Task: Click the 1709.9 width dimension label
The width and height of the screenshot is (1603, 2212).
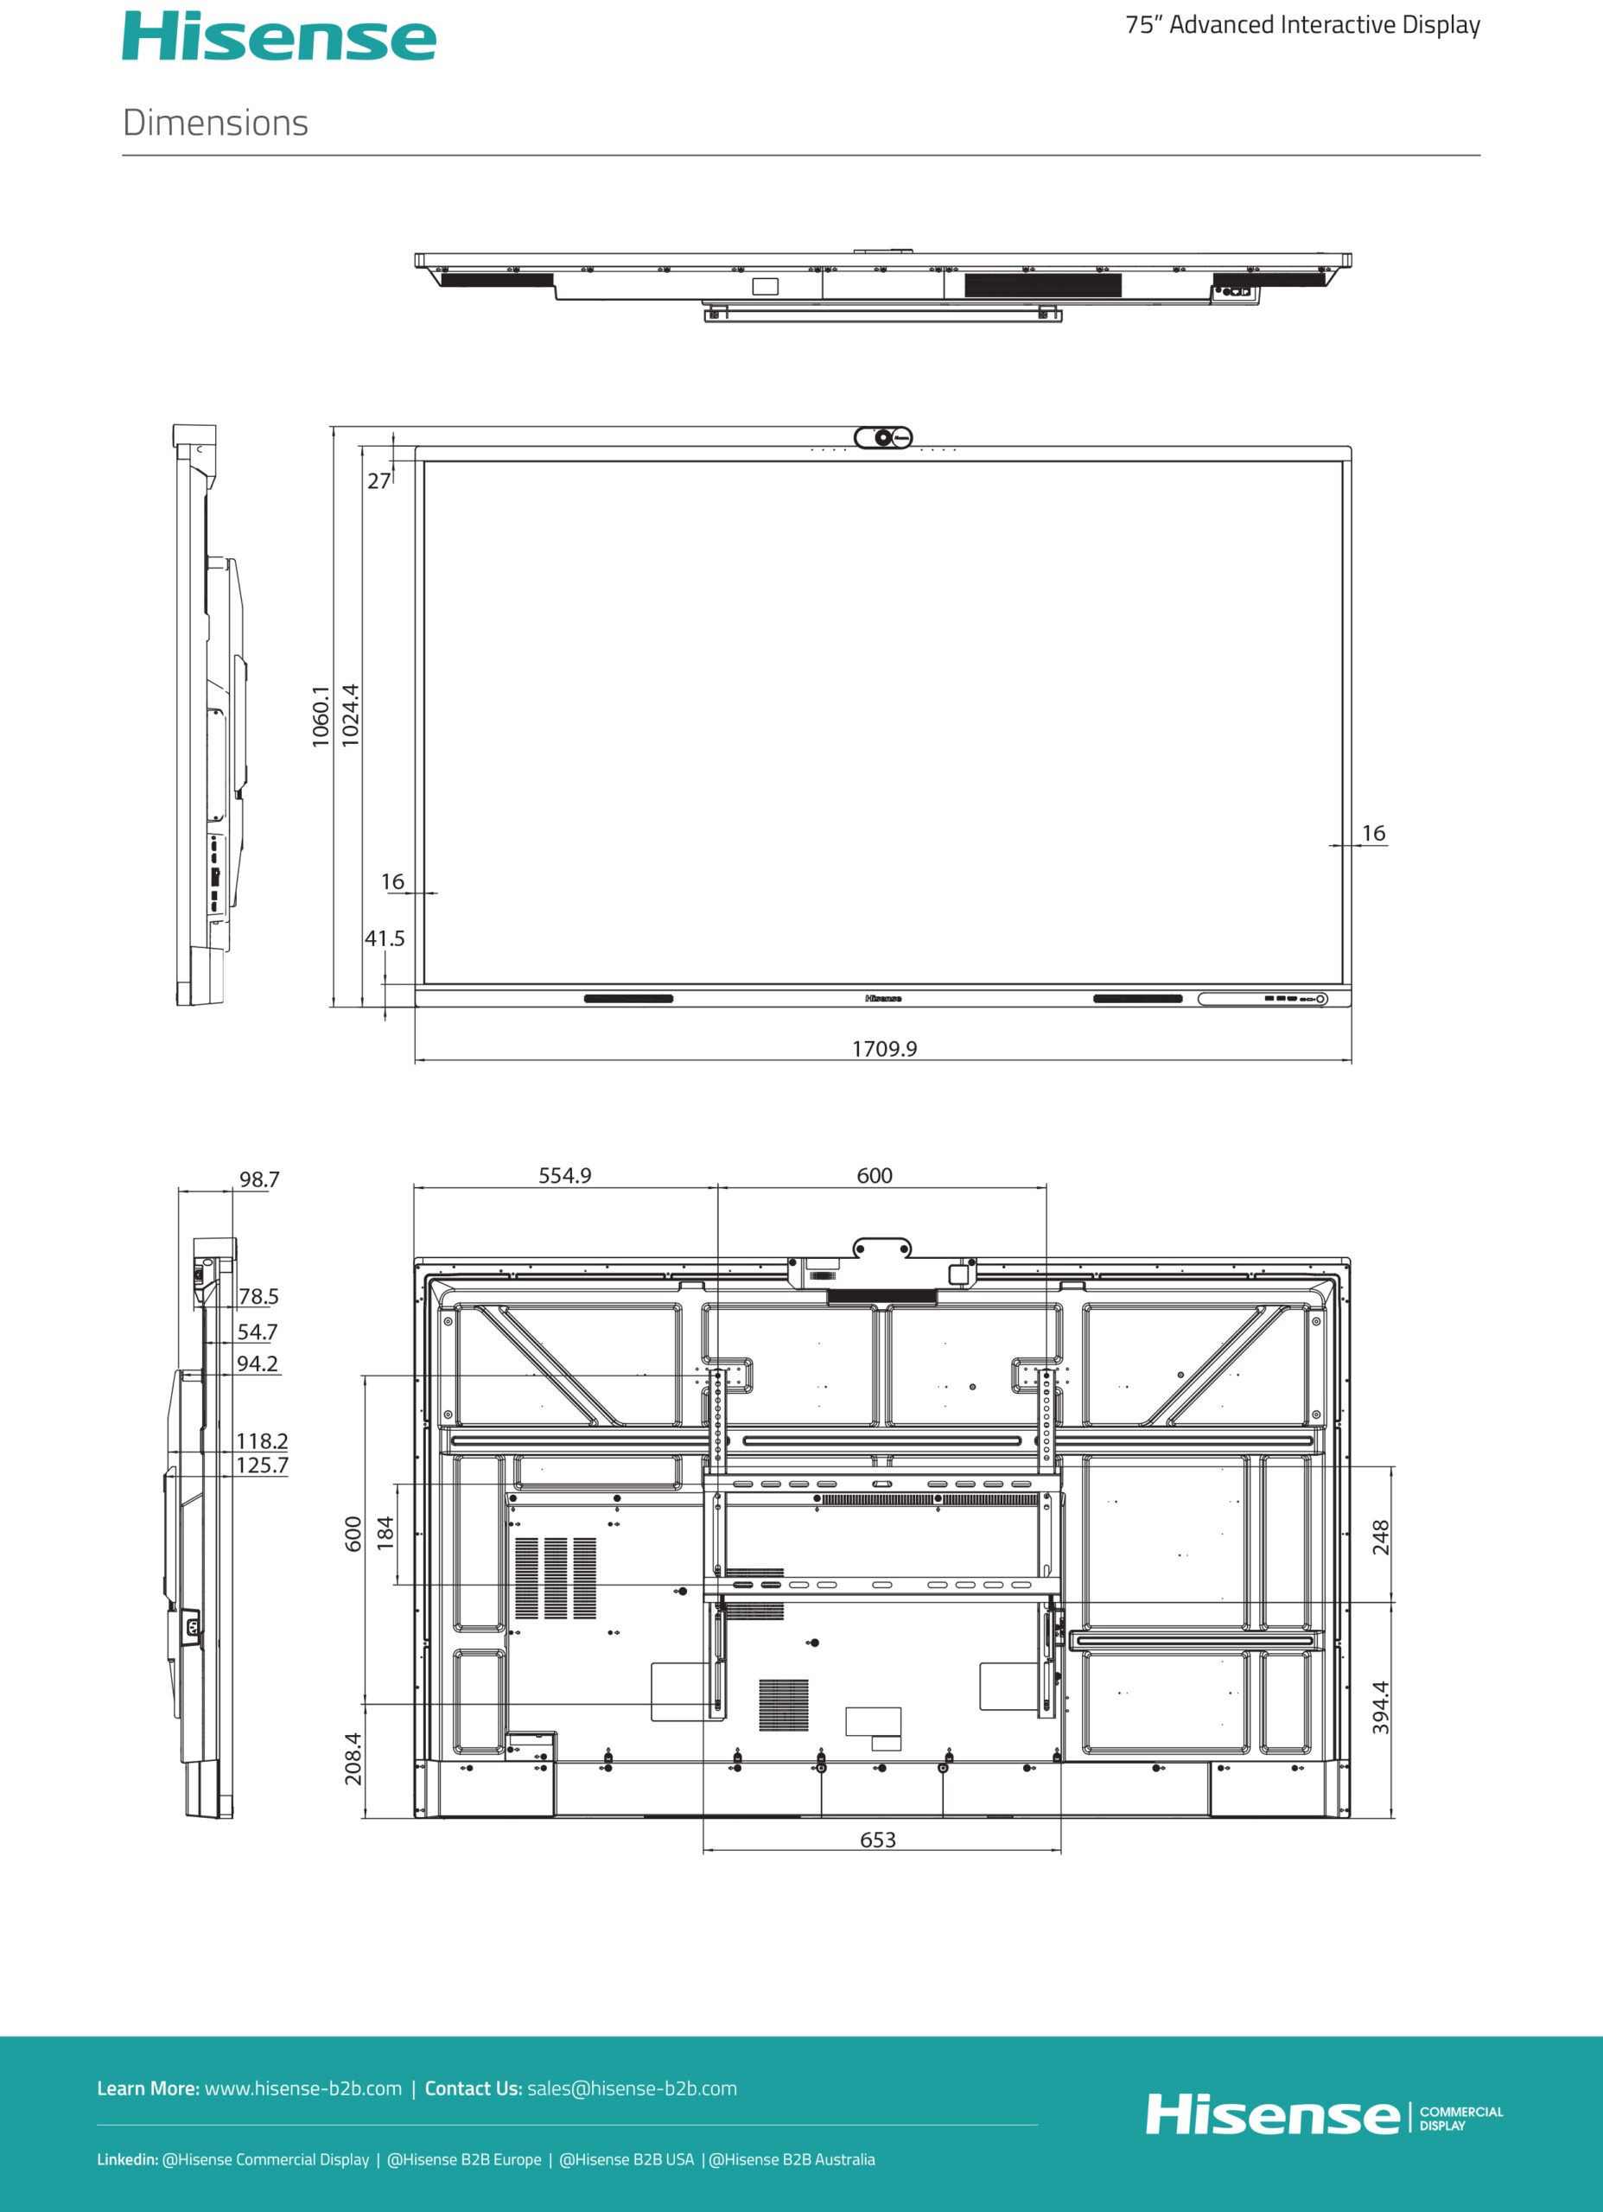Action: click(x=884, y=1048)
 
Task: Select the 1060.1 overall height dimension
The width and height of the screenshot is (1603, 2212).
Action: click(x=321, y=717)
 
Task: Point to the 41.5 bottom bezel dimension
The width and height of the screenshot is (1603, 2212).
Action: click(x=385, y=938)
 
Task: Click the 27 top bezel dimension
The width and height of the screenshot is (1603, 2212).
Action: click(x=378, y=480)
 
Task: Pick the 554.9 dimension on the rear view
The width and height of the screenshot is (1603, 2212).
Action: click(x=565, y=1175)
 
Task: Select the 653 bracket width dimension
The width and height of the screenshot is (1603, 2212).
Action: click(x=878, y=1840)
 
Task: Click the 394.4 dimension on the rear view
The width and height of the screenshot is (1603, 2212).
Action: click(x=1381, y=1707)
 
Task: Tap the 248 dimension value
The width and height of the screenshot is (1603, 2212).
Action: click(x=1381, y=1538)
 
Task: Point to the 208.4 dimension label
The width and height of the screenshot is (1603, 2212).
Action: click(x=353, y=1758)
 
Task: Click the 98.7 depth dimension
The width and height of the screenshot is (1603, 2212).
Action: click(x=259, y=1179)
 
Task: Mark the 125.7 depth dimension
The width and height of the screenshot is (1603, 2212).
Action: click(x=262, y=1465)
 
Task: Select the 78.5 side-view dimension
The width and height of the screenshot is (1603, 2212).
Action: click(x=258, y=1296)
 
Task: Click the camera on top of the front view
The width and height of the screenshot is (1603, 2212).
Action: click(x=884, y=438)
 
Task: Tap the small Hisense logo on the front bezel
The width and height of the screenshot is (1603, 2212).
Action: click(x=883, y=999)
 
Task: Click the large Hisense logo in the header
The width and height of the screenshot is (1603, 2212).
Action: click(x=279, y=36)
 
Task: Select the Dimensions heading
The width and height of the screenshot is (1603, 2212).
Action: click(x=216, y=123)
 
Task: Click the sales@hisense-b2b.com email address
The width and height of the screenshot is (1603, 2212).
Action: click(x=633, y=2088)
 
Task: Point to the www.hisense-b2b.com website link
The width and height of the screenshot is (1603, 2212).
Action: click(x=302, y=2088)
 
